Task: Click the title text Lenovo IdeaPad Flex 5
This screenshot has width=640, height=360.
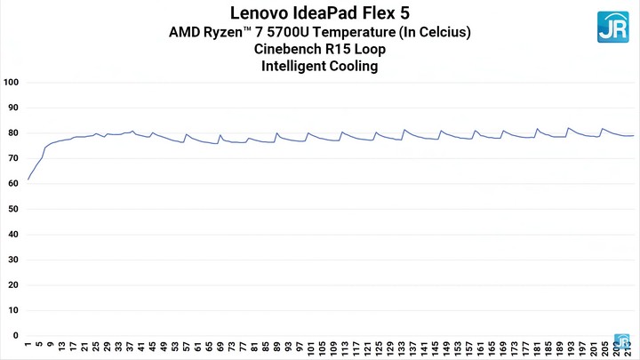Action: click(x=320, y=13)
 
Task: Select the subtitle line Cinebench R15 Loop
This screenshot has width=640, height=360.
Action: click(x=320, y=50)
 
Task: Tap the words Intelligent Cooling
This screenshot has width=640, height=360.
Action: click(x=320, y=67)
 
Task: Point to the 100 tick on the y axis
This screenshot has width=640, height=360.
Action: click(x=12, y=83)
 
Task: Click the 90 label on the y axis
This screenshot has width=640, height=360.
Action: click(x=12, y=108)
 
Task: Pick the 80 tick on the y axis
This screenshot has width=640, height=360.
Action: click(x=12, y=133)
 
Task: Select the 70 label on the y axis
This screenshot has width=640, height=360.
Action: click(x=12, y=158)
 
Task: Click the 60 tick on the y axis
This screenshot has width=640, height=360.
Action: click(x=12, y=184)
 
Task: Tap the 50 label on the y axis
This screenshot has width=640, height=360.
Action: click(x=12, y=209)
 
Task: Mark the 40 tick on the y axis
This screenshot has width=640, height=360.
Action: click(x=12, y=235)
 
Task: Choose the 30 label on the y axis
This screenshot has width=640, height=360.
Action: click(x=12, y=260)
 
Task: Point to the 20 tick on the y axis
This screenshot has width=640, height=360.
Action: click(x=12, y=285)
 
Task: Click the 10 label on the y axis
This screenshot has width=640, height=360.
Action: click(x=12, y=310)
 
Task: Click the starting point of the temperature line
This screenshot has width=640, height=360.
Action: click(x=28, y=180)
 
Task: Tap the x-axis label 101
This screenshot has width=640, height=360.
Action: click(x=310, y=348)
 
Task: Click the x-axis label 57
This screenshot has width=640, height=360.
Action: click(x=186, y=348)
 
